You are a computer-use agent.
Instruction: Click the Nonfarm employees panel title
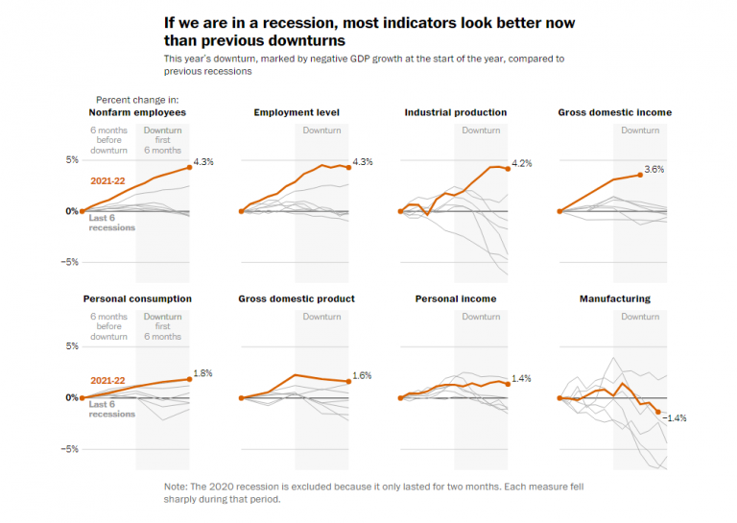tap(136, 112)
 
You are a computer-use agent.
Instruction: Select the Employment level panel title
tap(297, 112)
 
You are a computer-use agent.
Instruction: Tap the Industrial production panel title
tap(456, 112)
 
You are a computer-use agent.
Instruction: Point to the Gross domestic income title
tap(614, 112)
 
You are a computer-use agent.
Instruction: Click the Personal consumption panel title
tap(137, 298)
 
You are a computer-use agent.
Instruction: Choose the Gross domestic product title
tap(297, 298)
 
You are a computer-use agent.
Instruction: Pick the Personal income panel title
tap(456, 298)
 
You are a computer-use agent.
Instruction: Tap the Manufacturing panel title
tap(614, 298)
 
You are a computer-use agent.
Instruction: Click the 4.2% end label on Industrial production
tap(522, 164)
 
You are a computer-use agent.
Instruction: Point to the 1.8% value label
tap(203, 373)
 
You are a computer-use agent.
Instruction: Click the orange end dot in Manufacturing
tap(658, 412)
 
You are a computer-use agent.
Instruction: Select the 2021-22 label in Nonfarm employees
tap(108, 179)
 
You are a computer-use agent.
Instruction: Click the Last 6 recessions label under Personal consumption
tap(111, 409)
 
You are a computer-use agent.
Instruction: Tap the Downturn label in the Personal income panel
tap(481, 317)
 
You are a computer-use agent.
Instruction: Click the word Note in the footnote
tap(176, 487)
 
